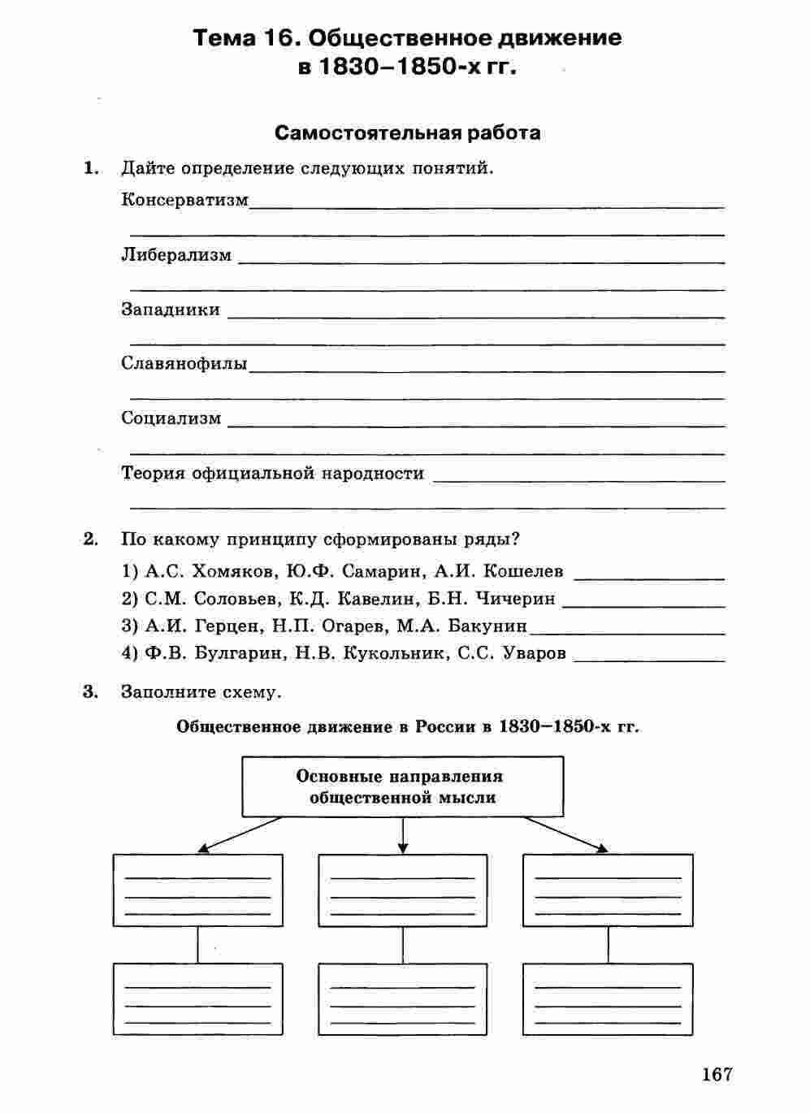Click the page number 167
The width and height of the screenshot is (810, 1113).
tap(717, 1074)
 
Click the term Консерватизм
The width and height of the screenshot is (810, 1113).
tap(184, 200)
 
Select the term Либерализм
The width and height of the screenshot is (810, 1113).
tap(176, 255)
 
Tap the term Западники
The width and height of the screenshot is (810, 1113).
tap(171, 310)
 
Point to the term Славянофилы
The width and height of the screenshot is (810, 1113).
tap(184, 363)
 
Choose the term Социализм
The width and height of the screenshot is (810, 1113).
tap(171, 418)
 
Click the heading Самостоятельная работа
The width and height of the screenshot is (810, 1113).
tap(407, 132)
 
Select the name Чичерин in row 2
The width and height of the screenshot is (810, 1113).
tap(515, 599)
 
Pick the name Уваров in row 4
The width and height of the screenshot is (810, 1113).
tap(535, 653)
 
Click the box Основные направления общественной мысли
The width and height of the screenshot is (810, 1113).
tap(402, 786)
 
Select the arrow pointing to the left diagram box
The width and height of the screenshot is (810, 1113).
tap(240, 834)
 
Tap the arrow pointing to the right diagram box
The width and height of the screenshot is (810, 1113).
tap(566, 834)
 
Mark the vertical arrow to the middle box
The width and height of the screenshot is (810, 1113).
tap(403, 835)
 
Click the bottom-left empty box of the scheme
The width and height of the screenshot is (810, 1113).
tap(197, 999)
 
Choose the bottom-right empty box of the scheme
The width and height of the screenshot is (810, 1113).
tap(608, 999)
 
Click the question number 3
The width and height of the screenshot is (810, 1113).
tap(90, 692)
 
